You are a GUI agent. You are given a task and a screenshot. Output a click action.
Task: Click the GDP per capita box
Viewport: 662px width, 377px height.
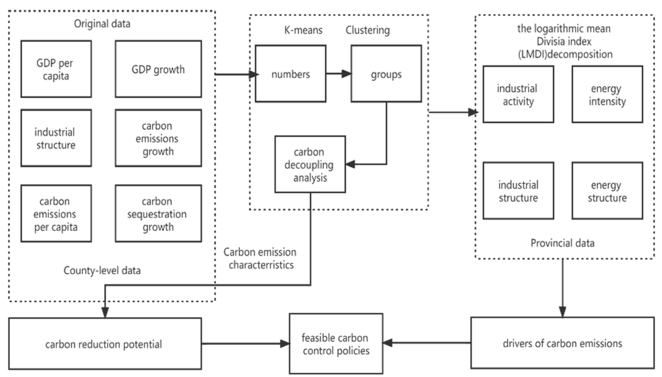[x=56, y=69]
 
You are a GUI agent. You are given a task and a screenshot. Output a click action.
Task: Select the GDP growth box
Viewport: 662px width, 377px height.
[x=158, y=69]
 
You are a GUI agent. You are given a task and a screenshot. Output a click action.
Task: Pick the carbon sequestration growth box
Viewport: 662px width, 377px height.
[x=158, y=214]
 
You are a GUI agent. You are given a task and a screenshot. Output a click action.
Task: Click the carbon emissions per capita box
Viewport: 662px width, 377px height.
[x=56, y=214]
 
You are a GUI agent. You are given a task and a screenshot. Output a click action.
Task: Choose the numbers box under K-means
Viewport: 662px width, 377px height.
[x=290, y=74]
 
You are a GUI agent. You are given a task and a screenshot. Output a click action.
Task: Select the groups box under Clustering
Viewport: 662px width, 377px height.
[x=386, y=74]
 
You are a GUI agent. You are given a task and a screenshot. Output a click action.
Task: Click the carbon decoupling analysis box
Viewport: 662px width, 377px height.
[x=310, y=164]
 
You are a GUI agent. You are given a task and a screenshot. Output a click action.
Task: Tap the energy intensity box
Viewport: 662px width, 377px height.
[x=607, y=95]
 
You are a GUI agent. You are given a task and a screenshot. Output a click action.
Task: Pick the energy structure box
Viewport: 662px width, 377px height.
[x=607, y=191]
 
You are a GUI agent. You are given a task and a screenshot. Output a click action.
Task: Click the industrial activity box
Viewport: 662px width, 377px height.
[x=518, y=95]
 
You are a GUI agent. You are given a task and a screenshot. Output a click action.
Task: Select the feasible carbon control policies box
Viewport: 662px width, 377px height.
[x=336, y=344]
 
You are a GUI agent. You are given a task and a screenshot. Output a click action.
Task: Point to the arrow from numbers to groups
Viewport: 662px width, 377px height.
[x=338, y=74]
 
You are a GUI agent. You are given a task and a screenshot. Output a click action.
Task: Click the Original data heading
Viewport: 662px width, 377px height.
[x=102, y=24]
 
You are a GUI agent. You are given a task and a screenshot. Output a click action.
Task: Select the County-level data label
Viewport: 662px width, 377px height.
[x=102, y=271]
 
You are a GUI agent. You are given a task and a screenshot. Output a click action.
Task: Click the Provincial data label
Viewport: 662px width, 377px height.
[x=562, y=243]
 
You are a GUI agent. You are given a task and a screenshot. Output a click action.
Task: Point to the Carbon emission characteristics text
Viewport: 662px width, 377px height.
[x=260, y=258]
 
